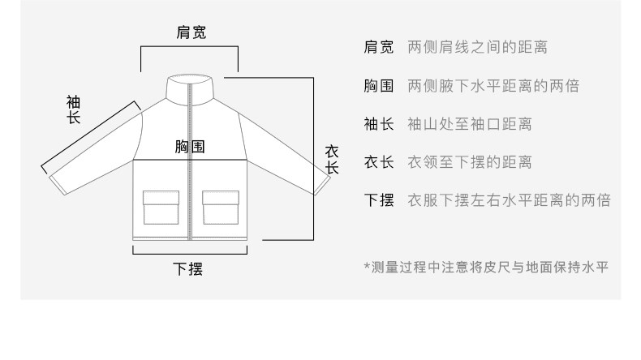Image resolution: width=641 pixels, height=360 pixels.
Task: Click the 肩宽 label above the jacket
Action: tap(191, 33)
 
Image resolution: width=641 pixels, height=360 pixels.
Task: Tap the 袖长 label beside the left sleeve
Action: tap(73, 109)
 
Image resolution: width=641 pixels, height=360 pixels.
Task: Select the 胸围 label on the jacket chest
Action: tap(190, 147)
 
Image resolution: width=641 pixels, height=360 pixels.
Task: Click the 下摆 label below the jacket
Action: tap(189, 268)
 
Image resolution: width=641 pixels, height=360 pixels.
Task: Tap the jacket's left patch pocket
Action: tap(161, 207)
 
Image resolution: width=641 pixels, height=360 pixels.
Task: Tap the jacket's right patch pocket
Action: tap(221, 207)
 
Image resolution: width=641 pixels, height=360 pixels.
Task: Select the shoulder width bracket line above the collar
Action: tap(190, 48)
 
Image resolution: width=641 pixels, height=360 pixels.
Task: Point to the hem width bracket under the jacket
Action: tap(189, 253)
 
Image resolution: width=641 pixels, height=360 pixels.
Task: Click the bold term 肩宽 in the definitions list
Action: tap(378, 47)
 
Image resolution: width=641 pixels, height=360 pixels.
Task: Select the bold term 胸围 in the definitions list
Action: tap(378, 86)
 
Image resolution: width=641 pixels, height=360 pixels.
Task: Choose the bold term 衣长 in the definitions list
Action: tap(378, 163)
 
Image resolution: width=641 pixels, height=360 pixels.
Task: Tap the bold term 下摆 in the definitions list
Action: tap(378, 201)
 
